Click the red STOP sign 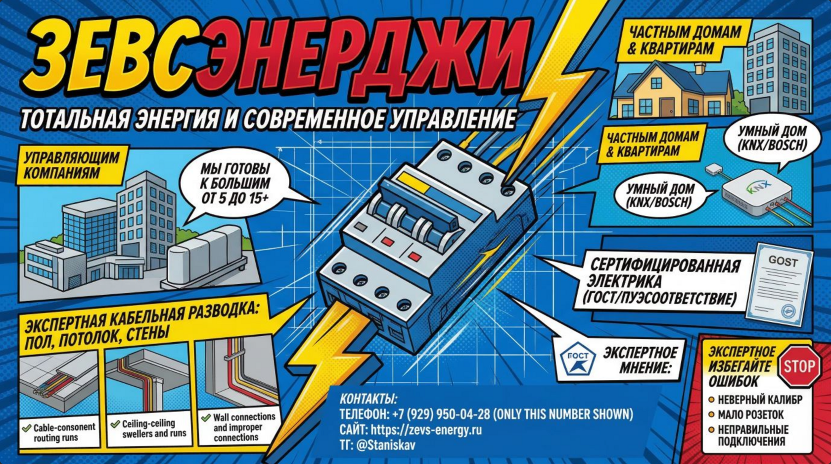(798, 367)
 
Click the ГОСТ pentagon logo (577, 360)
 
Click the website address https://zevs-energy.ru (426, 429)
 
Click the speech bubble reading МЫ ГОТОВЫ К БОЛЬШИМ (234, 184)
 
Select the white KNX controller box (756, 193)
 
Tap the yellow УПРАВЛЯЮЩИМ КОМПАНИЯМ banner (72, 165)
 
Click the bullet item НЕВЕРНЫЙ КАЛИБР (759, 400)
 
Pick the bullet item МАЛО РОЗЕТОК (750, 415)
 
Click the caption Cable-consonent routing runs (63, 432)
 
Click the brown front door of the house (666, 106)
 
